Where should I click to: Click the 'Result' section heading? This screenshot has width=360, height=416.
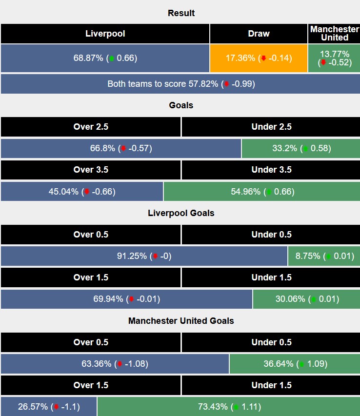181,13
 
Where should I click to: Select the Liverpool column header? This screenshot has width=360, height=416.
105,34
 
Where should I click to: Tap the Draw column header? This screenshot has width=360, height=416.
259,34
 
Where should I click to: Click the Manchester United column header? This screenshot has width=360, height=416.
334,34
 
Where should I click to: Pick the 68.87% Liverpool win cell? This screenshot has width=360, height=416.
105,58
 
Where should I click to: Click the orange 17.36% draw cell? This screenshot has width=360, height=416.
259,58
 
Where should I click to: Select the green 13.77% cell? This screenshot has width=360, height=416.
334,58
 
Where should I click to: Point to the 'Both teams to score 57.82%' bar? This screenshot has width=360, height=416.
180,84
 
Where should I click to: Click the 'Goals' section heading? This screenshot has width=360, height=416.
181,105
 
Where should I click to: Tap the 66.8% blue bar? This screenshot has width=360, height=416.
121,148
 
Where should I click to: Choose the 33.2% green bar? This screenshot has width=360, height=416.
300,148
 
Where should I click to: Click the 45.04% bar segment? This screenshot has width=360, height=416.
82,192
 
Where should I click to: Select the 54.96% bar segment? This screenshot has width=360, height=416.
262,192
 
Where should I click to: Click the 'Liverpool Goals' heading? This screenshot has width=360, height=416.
181,213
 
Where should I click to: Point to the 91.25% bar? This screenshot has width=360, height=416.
144,256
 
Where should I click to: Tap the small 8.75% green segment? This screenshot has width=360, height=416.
324,256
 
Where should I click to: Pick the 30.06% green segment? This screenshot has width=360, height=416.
306,299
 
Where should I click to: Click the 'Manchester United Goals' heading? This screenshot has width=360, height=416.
181,321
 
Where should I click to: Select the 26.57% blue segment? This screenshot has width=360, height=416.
49,407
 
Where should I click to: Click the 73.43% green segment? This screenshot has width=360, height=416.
228,407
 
